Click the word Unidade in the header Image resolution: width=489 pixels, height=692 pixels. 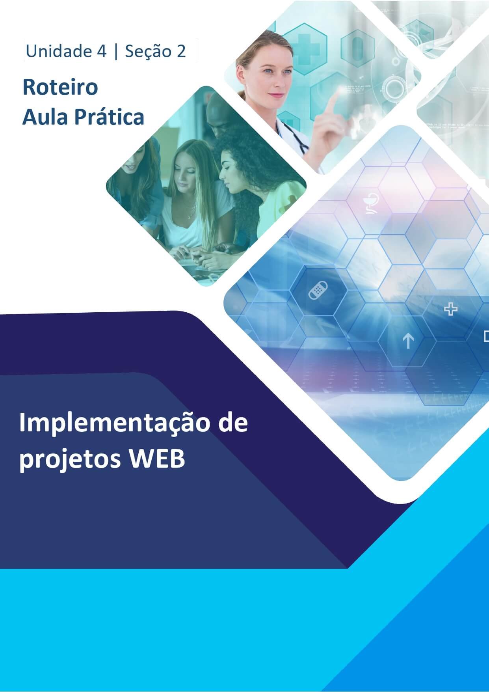pos(53,51)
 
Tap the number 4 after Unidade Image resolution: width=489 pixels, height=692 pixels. pos(101,51)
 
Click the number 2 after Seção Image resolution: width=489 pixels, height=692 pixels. pos(181,51)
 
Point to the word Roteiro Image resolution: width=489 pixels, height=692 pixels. pos(60,87)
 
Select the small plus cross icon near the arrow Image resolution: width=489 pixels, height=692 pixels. pos(451,309)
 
